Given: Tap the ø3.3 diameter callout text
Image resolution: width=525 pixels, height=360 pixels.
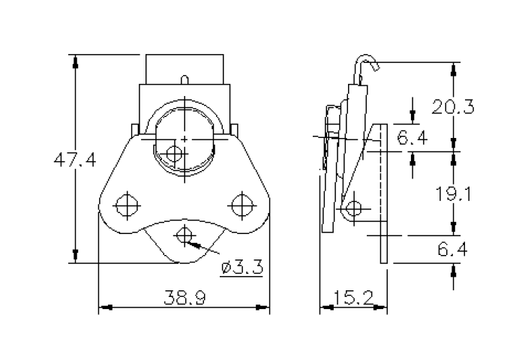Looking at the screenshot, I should (241, 267).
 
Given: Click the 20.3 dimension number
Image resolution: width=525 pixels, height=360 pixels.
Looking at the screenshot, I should (453, 106).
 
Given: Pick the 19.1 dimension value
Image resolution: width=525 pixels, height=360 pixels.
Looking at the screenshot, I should (453, 194).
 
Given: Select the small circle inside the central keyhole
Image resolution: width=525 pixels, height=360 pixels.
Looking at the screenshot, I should (174, 154).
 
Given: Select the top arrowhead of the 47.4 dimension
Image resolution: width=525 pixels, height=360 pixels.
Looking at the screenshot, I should (75, 61).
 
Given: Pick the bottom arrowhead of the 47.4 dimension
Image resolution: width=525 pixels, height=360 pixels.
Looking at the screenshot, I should (75, 257).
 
